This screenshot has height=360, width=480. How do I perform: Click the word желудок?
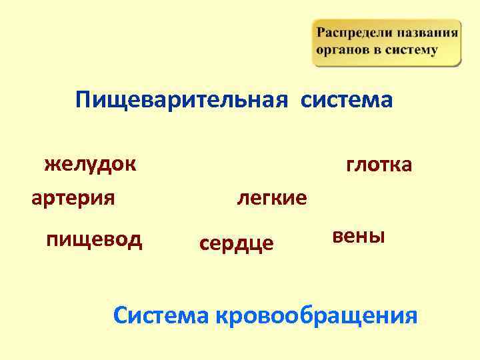(90, 163)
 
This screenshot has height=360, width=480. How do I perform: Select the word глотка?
(379, 165)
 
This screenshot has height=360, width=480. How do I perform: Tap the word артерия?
(73, 198)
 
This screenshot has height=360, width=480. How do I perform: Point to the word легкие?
(272, 198)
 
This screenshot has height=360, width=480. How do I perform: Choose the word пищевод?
(94, 239)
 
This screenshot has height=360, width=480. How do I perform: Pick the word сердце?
(237, 243)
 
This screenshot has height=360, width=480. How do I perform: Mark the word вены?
(358, 236)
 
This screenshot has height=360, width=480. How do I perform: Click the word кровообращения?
(316, 315)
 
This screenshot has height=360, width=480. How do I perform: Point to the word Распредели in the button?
(353, 33)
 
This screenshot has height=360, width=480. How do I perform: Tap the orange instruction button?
(386, 43)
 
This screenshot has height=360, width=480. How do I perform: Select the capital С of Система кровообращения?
(121, 315)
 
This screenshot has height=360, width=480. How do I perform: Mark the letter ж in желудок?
(51, 164)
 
